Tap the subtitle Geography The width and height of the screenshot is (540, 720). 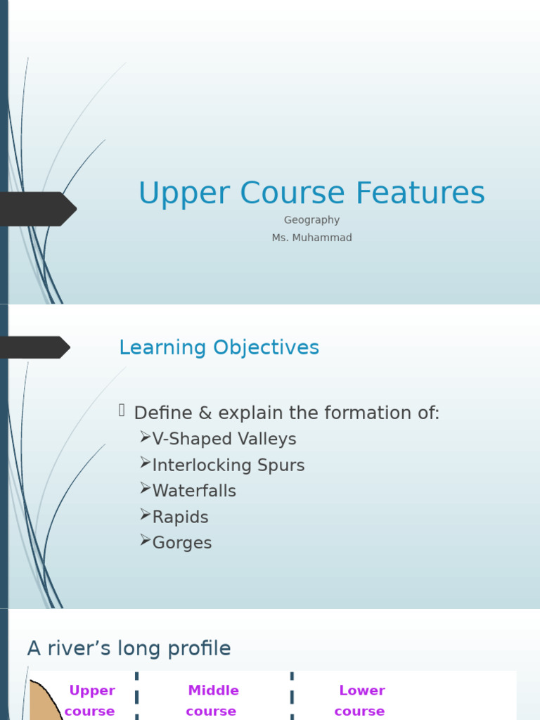click(311, 220)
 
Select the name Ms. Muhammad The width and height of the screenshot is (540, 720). click(311, 238)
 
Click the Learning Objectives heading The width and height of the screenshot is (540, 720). click(219, 347)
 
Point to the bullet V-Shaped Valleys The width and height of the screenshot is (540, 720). click(224, 439)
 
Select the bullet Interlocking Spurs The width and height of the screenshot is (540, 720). click(228, 465)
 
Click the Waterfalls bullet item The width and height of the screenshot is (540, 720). click(193, 491)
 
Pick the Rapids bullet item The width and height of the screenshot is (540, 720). click(180, 517)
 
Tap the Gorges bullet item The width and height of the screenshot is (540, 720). click(181, 543)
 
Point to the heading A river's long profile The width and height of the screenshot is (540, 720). click(129, 648)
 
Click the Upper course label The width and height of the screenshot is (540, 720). click(91, 700)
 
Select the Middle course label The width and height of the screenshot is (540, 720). click(212, 700)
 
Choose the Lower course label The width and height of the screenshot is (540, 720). click(361, 700)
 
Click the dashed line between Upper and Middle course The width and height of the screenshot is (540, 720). click(136, 696)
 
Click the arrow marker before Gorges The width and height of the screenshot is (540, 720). click(145, 540)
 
